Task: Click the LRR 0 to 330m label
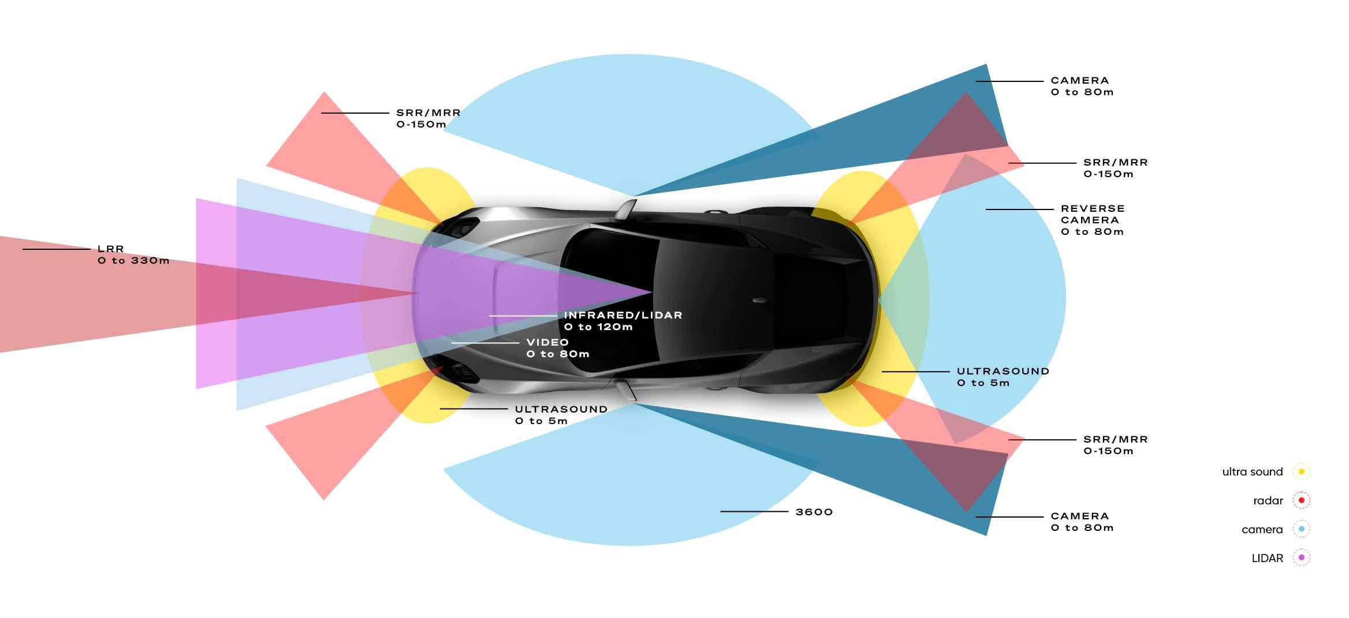133,254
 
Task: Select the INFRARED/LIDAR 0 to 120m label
623,321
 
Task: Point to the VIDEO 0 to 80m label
557,348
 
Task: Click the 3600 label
814,512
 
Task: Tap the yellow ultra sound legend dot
1301,471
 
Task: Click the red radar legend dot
1301,500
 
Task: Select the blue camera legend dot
1301,529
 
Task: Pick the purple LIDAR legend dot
1301,557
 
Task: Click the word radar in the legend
1268,501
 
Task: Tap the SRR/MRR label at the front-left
428,118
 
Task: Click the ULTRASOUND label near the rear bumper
1003,377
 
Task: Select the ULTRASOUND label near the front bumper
561,415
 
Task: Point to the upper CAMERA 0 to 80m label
1082,86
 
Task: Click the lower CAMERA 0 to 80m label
1082,522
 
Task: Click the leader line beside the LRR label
56,249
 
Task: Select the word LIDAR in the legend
1267,558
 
